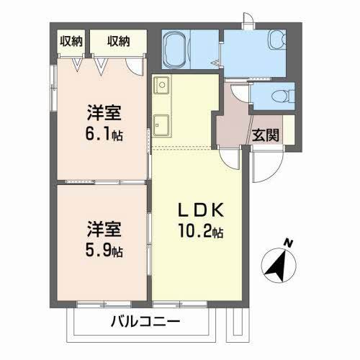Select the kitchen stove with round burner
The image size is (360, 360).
(161, 84)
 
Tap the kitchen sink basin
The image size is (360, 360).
(161, 124)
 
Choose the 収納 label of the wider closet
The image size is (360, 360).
(119, 40)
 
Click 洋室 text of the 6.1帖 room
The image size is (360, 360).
(104, 113)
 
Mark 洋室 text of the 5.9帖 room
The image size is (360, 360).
(104, 231)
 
